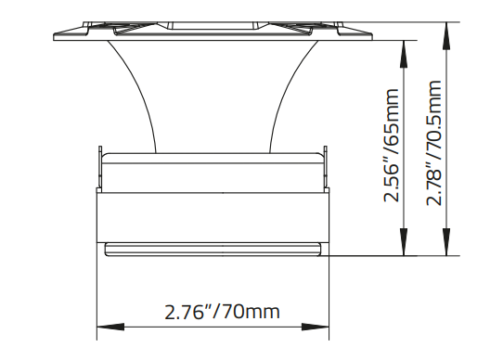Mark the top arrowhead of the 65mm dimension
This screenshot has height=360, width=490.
click(405, 46)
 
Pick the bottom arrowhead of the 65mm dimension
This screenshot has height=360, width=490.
click(405, 248)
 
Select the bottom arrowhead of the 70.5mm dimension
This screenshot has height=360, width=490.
click(448, 248)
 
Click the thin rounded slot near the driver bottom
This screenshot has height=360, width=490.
click(213, 248)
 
